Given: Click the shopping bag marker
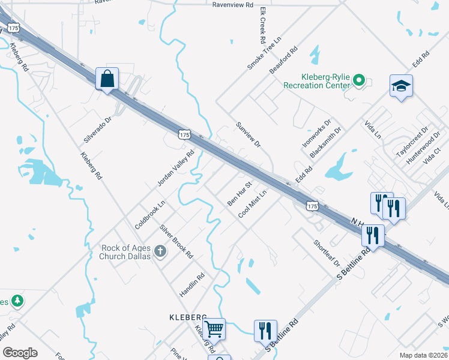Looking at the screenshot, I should point(107,79).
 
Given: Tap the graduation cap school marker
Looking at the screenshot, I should point(401,86).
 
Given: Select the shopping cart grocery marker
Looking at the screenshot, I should point(214,329).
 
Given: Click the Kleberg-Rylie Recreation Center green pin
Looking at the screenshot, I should point(359,79).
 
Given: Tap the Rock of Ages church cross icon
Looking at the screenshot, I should point(160,251).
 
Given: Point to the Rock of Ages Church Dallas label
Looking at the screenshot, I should point(124,252).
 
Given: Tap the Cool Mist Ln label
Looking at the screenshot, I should point(252,205).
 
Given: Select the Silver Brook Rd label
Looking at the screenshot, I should point(176,241).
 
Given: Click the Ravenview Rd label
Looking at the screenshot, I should point(235,4).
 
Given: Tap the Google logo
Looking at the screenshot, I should point(20,352).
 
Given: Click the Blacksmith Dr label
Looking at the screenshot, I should point(325,143).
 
